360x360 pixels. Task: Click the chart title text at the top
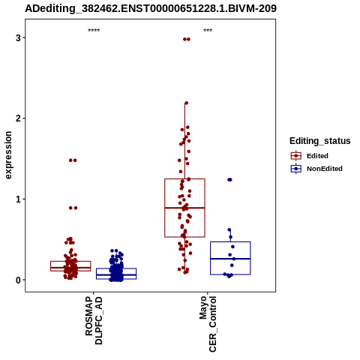pyautogui.click(x=151, y=8)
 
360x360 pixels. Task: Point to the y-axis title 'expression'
pyautogui.click(x=8, y=155)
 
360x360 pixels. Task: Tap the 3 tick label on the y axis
pyautogui.click(x=18, y=38)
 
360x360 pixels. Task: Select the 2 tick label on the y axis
pyautogui.click(x=18, y=118)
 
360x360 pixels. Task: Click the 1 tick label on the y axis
pyautogui.click(x=18, y=199)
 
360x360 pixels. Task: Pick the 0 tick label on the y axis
pyautogui.click(x=18, y=280)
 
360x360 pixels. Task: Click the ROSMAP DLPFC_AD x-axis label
pyautogui.click(x=94, y=320)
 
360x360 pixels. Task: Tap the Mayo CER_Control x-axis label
pyautogui.click(x=208, y=324)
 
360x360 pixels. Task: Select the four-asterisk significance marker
pyautogui.click(x=94, y=30)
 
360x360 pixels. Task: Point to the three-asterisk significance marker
pyautogui.click(x=208, y=30)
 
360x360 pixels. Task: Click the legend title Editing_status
pyautogui.click(x=320, y=141)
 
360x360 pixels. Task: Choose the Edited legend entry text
pyautogui.click(x=317, y=156)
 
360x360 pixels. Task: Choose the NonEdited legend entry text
pyautogui.click(x=325, y=169)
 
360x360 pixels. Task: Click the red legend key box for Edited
pyautogui.click(x=296, y=156)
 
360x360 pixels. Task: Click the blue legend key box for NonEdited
pyautogui.click(x=296, y=169)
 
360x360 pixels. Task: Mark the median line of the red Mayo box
pyautogui.click(x=184, y=208)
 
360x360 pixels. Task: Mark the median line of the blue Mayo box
pyautogui.click(x=230, y=259)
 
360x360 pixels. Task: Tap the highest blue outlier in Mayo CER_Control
pyautogui.click(x=229, y=179)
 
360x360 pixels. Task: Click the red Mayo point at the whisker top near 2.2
pyautogui.click(x=186, y=103)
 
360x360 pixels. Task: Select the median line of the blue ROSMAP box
pyautogui.click(x=116, y=274)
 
